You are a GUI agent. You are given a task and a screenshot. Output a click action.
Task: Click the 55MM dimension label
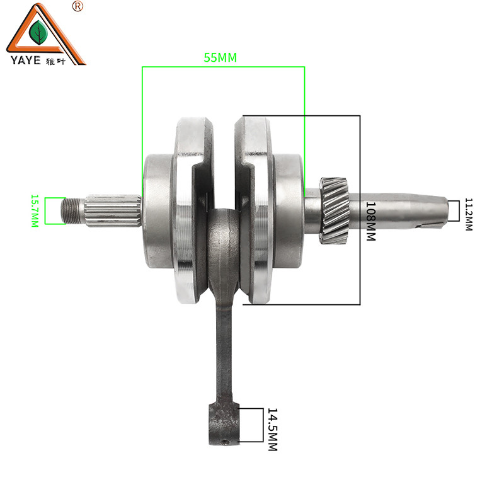pyautogui.click(x=220, y=57)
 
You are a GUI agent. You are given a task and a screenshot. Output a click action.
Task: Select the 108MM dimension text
pyautogui.click(x=371, y=221)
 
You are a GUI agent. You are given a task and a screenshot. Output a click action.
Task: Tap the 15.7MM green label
pyautogui.click(x=35, y=210)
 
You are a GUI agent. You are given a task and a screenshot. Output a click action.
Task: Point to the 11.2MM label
pyautogui.click(x=469, y=214)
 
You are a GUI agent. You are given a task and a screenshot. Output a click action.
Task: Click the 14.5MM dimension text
pyautogui.click(x=273, y=430)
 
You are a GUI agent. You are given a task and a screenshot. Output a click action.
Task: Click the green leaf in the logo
pyautogui.click(x=38, y=33)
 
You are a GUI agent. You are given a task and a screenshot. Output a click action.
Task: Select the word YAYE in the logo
pyautogui.click(x=26, y=60)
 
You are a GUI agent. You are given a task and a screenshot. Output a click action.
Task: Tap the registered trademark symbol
pyautogui.click(x=77, y=6)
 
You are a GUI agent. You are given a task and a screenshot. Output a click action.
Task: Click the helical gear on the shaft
pyautogui.click(x=335, y=210)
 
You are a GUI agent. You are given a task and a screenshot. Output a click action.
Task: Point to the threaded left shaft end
pyautogui.click(x=73, y=211)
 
